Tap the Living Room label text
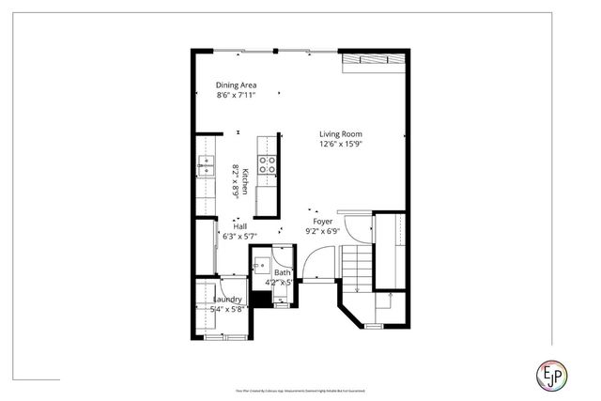(x=339, y=133)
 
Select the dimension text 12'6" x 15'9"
(x=339, y=144)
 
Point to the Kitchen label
(x=244, y=180)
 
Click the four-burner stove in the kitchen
(x=268, y=165)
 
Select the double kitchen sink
(x=205, y=166)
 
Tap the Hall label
(x=239, y=226)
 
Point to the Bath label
(x=282, y=272)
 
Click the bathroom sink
(x=262, y=266)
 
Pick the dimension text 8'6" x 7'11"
(x=236, y=95)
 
